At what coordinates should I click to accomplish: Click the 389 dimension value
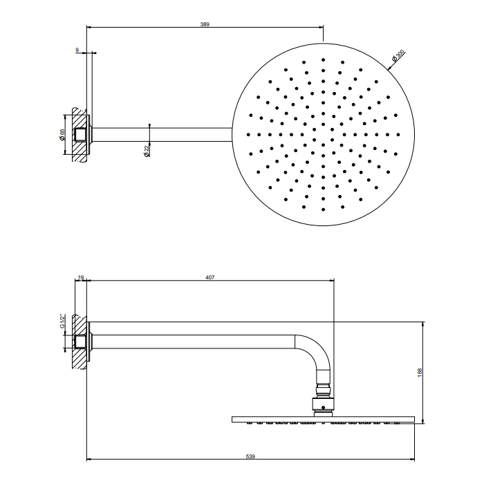click(205, 24)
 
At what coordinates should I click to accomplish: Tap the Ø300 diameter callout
click(398, 56)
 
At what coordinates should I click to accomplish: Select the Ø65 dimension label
click(62, 135)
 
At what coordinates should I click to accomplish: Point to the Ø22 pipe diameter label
click(147, 151)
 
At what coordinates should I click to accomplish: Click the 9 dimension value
click(77, 50)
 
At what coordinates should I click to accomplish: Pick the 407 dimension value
click(210, 277)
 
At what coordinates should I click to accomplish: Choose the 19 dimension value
click(81, 277)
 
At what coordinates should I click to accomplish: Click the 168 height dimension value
click(420, 373)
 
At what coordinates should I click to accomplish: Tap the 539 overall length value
click(250, 456)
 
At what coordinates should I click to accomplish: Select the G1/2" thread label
click(62, 322)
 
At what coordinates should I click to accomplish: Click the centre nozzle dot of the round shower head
click(323, 135)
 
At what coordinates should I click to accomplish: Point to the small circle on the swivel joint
click(323, 407)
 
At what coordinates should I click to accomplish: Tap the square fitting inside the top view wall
click(80, 135)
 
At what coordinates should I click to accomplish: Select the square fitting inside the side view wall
click(80, 342)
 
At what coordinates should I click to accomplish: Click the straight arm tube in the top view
click(162, 135)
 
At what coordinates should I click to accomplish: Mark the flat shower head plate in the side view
click(323, 419)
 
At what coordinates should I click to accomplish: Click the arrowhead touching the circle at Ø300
click(389, 68)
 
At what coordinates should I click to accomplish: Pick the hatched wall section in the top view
click(80, 135)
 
